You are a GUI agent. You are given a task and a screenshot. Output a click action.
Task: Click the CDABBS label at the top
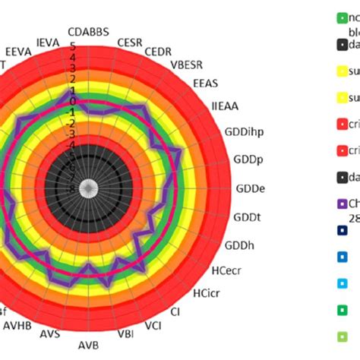(x=88, y=32)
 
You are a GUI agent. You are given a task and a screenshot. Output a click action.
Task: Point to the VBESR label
(x=186, y=65)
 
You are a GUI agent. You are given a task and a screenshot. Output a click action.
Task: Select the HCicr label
(x=207, y=292)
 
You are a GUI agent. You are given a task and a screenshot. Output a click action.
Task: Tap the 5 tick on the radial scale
(x=73, y=46)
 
